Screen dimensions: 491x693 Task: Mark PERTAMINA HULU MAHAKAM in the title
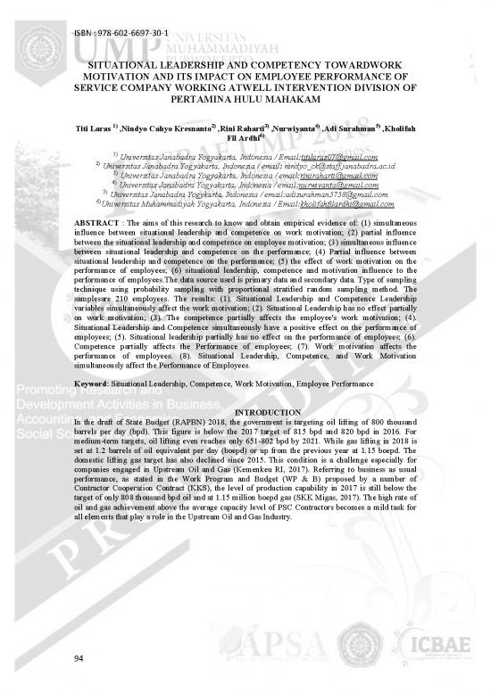[245, 101]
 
